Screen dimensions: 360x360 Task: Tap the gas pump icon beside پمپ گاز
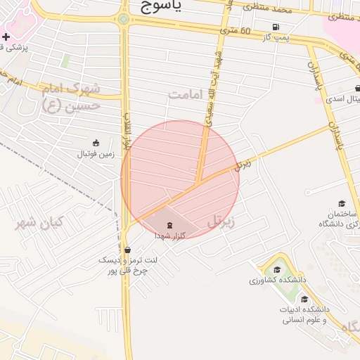tap(274, 27)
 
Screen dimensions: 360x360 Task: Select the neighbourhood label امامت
tap(186, 94)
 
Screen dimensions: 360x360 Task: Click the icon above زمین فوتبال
tap(96, 142)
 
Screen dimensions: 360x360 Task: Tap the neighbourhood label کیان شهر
tap(40, 224)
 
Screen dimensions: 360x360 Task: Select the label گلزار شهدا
tap(170, 236)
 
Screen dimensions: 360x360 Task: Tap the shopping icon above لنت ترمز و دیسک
tap(127, 249)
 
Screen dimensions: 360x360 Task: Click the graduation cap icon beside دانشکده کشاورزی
tap(276, 270)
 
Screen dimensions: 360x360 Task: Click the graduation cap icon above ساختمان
tap(342, 203)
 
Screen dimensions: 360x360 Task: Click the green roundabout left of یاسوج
tap(124, 20)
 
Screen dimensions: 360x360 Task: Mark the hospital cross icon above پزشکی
tap(6, 37)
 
